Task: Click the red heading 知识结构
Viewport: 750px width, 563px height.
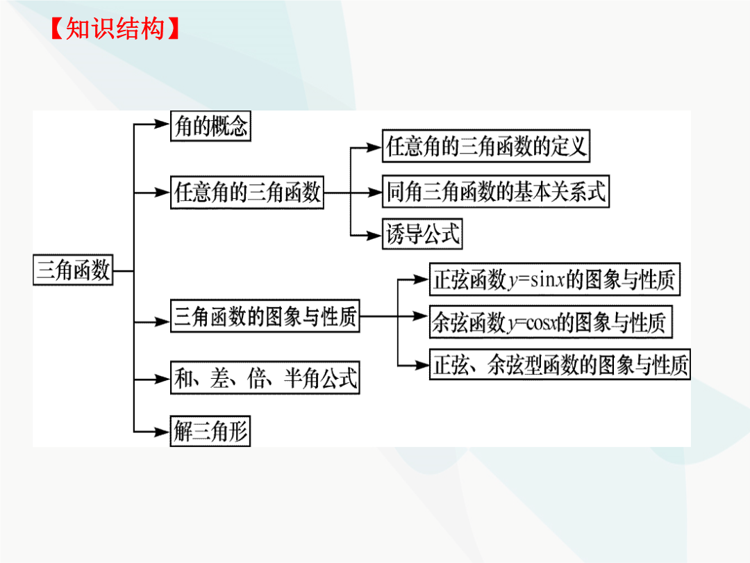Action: coord(115,28)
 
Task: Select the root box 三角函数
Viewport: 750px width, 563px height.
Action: coord(73,270)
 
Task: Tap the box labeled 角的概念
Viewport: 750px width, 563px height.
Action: coord(210,126)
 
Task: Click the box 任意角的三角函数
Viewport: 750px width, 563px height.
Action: coord(247,193)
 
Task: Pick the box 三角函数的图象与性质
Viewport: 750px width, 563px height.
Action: coord(265,316)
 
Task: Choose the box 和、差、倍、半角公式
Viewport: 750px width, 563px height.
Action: coord(265,377)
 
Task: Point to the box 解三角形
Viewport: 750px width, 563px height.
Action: coord(210,431)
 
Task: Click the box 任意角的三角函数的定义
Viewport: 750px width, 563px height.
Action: coord(486,146)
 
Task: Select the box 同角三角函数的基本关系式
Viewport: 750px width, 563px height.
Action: coord(496,192)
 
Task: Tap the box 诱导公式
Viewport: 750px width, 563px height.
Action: coord(422,234)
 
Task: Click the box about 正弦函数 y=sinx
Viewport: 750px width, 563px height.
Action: coord(554,279)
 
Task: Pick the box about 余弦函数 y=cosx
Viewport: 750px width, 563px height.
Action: coord(551,323)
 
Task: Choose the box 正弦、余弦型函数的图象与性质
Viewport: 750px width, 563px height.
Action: coord(560,365)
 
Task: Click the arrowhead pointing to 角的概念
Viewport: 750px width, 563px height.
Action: coord(162,124)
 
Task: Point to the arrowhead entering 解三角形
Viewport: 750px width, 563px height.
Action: coord(162,432)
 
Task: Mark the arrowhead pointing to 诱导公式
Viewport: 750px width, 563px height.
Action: coord(374,236)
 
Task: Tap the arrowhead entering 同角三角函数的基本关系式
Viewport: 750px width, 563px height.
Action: coord(374,193)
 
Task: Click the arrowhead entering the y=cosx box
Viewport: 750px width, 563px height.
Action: coord(420,316)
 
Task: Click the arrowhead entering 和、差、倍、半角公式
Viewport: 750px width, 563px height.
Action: coord(162,380)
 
